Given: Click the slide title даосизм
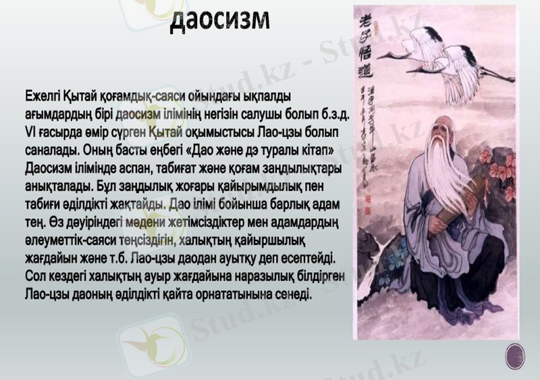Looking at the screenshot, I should pos(219,20).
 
